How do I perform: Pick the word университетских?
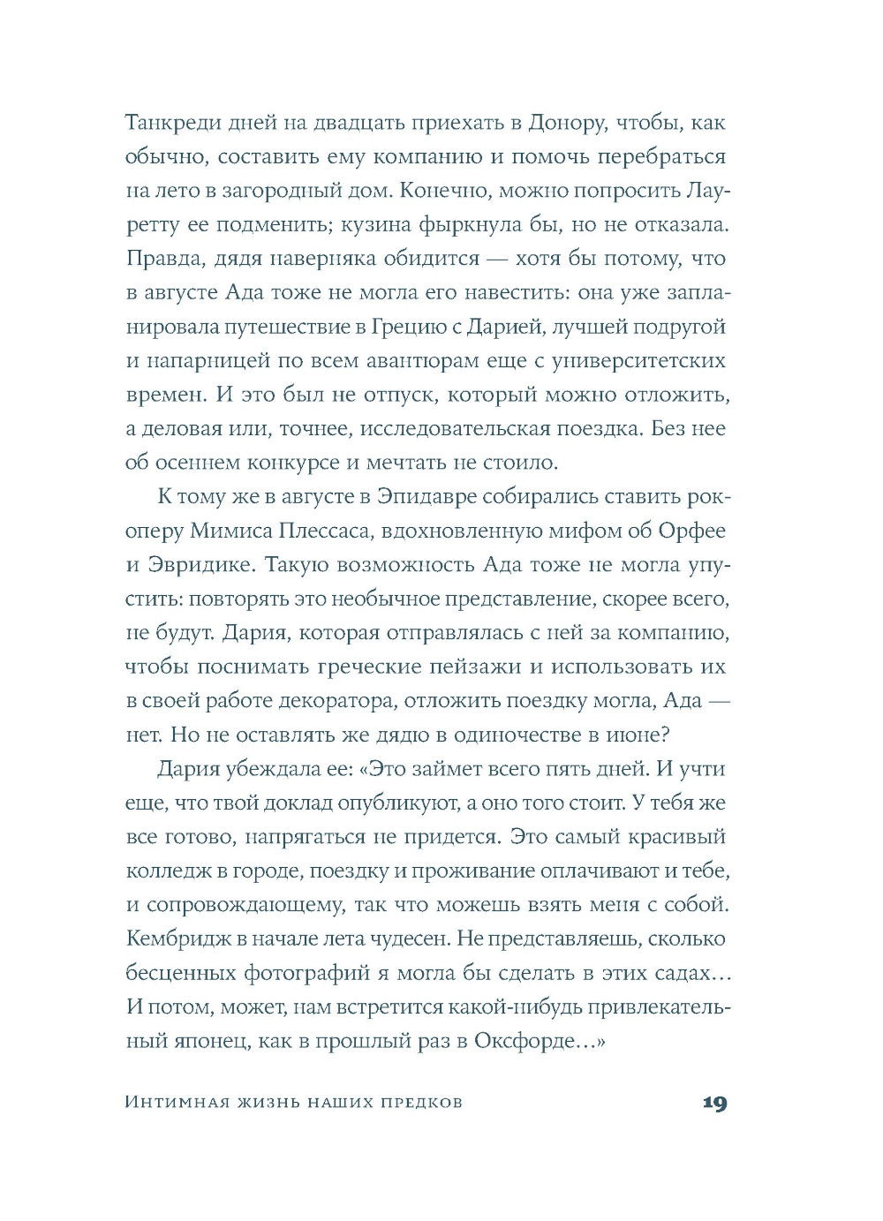638,360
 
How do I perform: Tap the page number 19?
714,1103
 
